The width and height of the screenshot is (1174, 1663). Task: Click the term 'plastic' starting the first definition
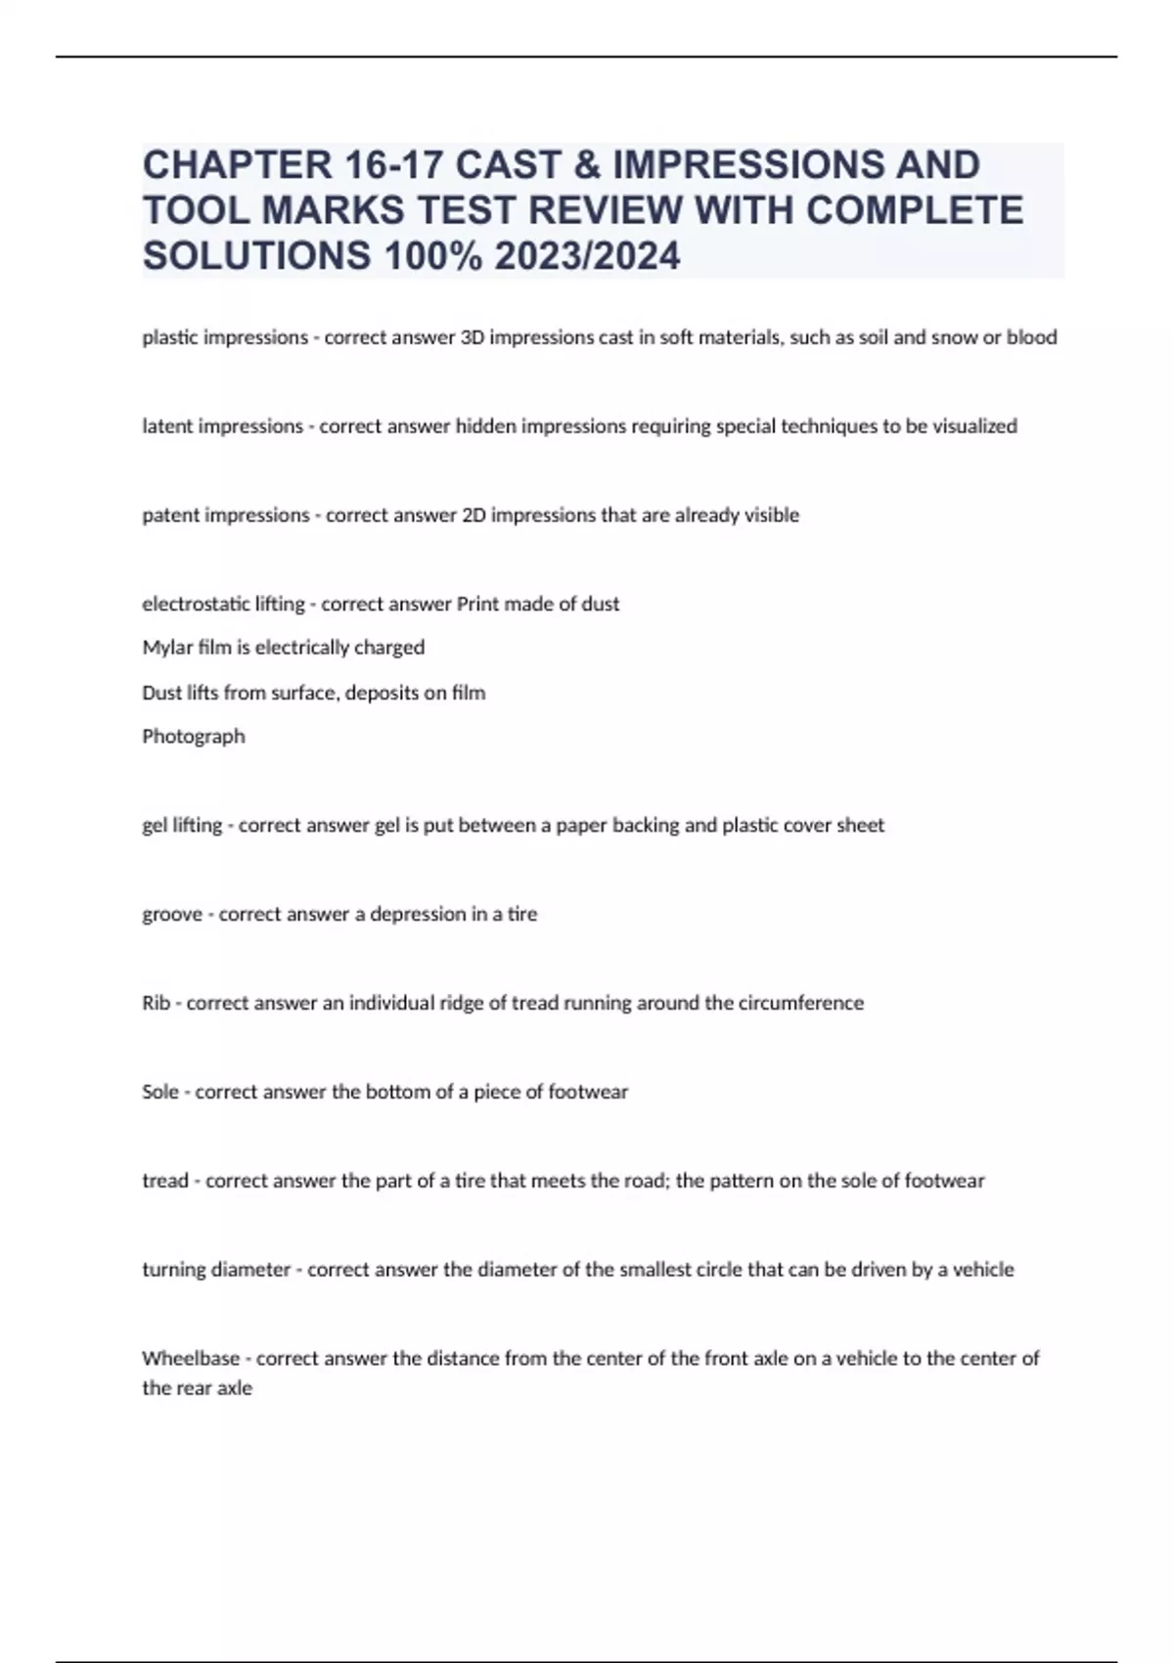pos(168,337)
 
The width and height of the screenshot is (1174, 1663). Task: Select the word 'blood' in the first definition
pos(1032,337)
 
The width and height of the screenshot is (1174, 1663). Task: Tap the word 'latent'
pos(166,427)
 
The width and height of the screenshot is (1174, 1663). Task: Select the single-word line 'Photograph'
pos(194,737)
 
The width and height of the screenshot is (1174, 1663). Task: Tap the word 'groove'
pos(172,915)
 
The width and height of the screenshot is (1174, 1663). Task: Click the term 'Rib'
pos(157,1004)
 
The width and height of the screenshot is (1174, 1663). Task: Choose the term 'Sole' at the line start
pos(160,1092)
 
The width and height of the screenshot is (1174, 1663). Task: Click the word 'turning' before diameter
pos(174,1270)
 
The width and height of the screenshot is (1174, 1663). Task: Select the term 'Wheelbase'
pos(191,1359)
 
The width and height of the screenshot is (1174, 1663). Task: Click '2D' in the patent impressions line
pos(473,516)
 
